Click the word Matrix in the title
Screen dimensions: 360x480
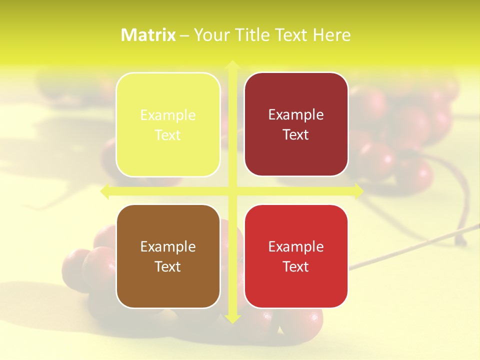(148, 35)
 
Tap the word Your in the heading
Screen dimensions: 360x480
(210, 35)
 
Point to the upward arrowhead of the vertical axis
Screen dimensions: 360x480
(232, 65)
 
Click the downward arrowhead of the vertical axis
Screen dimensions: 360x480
(232, 318)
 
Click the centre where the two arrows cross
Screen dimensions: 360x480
(232, 191)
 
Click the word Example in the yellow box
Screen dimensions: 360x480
(168, 115)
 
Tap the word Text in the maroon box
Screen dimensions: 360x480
(296, 135)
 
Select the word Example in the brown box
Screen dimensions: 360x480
(168, 247)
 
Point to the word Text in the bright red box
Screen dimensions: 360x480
(296, 267)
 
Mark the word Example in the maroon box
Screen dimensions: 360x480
(296, 115)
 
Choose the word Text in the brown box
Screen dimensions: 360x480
(168, 267)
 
